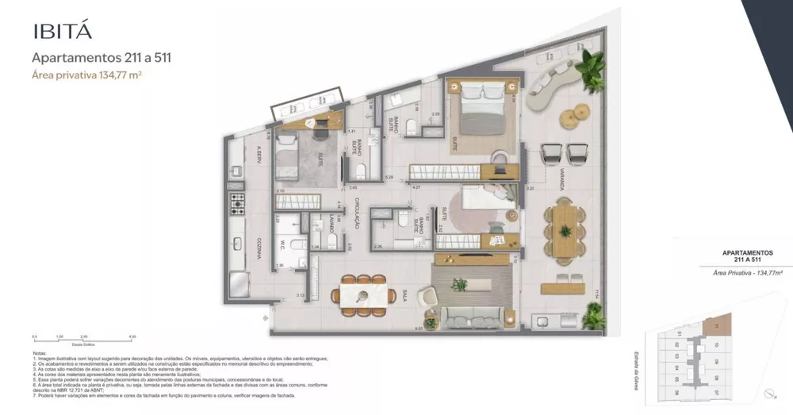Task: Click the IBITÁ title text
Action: pos(63,32)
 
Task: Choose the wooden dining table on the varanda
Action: pos(565,230)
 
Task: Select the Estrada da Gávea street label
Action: pos(637,362)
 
